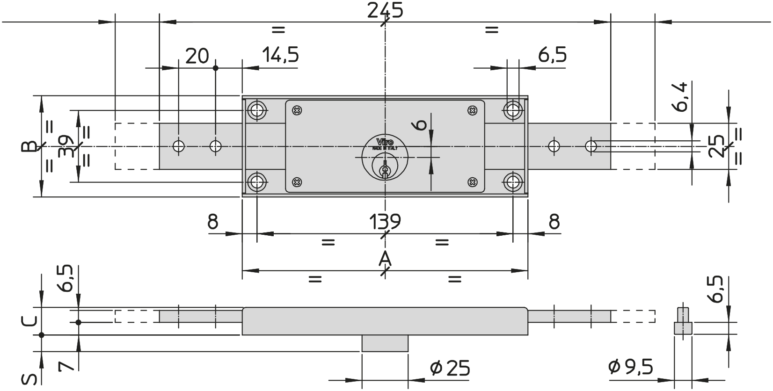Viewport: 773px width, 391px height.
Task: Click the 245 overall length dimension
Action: (385, 10)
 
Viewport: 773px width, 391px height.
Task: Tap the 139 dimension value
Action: (385, 221)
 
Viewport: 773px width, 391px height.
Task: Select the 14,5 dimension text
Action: (280, 55)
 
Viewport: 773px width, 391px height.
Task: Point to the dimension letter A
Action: (385, 259)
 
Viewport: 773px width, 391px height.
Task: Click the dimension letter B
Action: (29, 146)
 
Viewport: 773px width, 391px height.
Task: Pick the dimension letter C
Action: (29, 321)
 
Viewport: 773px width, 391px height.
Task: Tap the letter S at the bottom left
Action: (29, 379)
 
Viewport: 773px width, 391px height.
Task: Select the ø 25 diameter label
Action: (450, 368)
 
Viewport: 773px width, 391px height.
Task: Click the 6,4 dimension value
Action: (680, 97)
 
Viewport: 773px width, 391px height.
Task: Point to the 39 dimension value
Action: (66, 146)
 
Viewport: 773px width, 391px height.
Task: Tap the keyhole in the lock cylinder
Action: (385, 170)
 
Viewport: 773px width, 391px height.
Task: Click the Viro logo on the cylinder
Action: (385, 142)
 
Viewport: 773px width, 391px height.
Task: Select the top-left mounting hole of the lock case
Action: (257, 110)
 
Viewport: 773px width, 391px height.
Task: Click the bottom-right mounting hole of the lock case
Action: (513, 182)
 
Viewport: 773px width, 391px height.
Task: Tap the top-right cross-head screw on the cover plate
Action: (473, 111)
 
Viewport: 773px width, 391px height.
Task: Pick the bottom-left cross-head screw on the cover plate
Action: (297, 182)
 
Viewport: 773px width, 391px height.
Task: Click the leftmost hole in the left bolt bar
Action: (179, 146)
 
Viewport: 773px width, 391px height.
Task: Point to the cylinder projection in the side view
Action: (385, 343)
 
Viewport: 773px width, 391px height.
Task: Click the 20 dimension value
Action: (197, 56)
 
